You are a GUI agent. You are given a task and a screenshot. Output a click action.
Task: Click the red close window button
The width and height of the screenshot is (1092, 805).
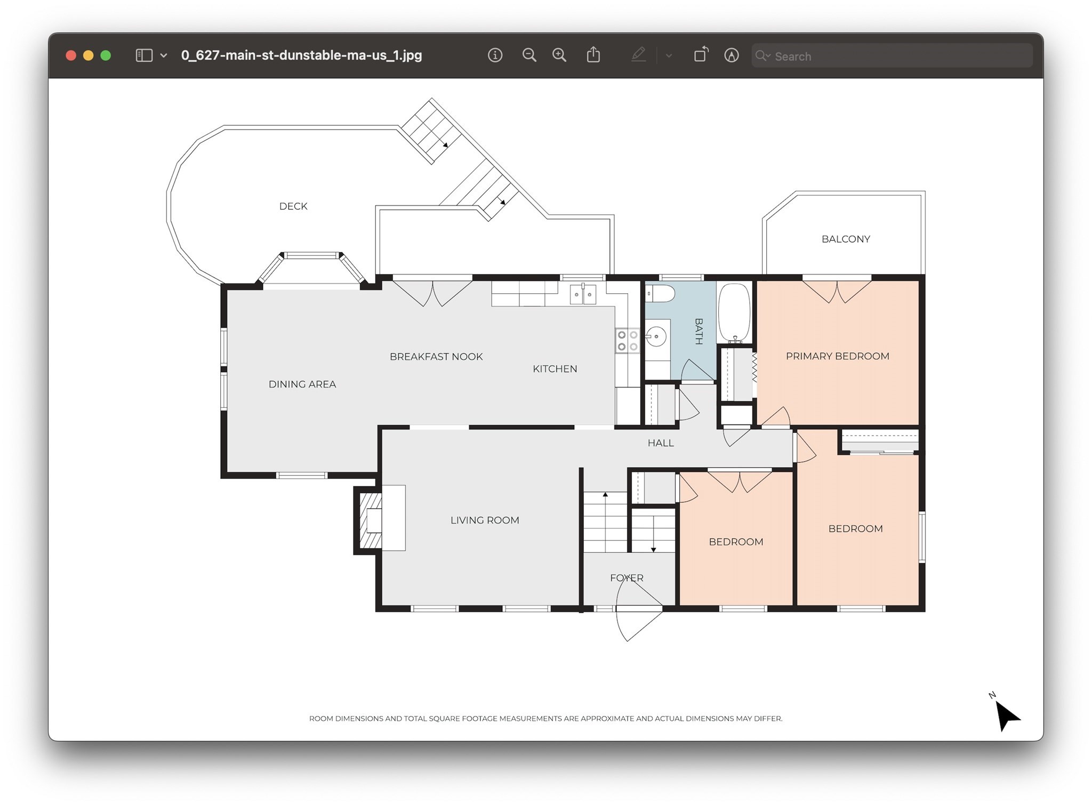pyautogui.click(x=71, y=55)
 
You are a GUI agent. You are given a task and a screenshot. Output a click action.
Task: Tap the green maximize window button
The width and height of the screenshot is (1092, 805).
pyautogui.click(x=106, y=55)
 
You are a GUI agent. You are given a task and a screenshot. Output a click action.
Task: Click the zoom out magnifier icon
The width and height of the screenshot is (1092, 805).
pyautogui.click(x=529, y=55)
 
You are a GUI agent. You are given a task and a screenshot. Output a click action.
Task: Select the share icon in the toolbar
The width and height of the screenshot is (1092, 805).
pyautogui.click(x=593, y=54)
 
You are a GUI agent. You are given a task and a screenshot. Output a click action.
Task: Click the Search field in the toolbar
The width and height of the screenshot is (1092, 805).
pyautogui.click(x=892, y=56)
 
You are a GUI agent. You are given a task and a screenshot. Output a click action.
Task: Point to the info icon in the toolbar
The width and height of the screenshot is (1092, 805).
pyautogui.click(x=495, y=55)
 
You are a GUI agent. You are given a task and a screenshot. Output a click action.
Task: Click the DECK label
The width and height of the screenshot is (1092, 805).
pyautogui.click(x=293, y=206)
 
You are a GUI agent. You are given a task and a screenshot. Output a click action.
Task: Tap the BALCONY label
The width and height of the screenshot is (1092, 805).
pyautogui.click(x=846, y=239)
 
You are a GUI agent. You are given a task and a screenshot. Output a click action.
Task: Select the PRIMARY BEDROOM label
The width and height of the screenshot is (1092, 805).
pyautogui.click(x=837, y=356)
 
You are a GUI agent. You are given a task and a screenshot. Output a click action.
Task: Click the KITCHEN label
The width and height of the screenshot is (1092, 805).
pyautogui.click(x=555, y=369)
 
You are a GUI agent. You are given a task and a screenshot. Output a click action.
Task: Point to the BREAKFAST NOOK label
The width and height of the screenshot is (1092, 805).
pyautogui.click(x=436, y=357)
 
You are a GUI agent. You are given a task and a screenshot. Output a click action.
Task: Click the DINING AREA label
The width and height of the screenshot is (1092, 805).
pyautogui.click(x=302, y=384)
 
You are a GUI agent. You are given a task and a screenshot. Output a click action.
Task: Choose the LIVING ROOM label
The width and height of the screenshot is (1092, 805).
pyautogui.click(x=485, y=520)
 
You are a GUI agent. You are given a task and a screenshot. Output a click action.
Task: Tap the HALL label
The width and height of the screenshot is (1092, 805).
pyautogui.click(x=661, y=443)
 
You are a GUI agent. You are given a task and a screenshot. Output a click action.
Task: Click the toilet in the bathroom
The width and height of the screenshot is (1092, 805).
pyautogui.click(x=660, y=293)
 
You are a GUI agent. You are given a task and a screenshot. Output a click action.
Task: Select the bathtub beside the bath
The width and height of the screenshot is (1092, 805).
pyautogui.click(x=734, y=313)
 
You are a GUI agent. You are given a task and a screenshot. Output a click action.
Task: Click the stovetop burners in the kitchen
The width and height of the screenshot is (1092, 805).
pyautogui.click(x=627, y=341)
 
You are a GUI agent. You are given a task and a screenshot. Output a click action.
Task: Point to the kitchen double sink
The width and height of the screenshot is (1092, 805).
pyautogui.click(x=583, y=294)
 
